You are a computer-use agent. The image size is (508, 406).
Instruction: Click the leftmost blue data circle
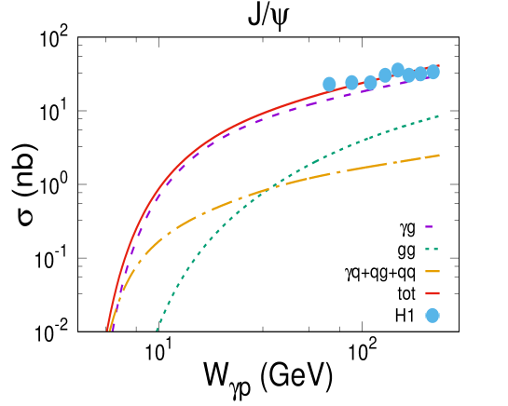click(329, 84)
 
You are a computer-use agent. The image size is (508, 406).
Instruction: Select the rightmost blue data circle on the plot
click(433, 72)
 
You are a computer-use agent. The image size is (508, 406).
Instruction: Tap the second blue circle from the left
click(351, 82)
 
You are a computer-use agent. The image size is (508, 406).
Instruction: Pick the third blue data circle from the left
click(370, 82)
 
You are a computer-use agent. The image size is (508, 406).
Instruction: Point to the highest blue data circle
click(398, 70)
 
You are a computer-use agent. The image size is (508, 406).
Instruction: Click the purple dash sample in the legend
click(429, 226)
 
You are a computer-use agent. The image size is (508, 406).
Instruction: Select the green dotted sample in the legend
click(432, 249)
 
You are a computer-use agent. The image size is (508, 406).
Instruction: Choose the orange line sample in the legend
click(432, 271)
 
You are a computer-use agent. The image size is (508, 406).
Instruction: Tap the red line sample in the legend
click(432, 293)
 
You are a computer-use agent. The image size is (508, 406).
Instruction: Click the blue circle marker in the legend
click(432, 316)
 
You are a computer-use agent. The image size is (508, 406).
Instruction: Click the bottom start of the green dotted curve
click(157, 330)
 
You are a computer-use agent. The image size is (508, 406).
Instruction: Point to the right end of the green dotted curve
click(438, 116)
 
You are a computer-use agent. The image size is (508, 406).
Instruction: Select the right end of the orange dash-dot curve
click(439, 156)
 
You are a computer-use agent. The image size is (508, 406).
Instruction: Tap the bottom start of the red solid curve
click(107, 330)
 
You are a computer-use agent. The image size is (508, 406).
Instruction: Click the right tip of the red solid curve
click(438, 66)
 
